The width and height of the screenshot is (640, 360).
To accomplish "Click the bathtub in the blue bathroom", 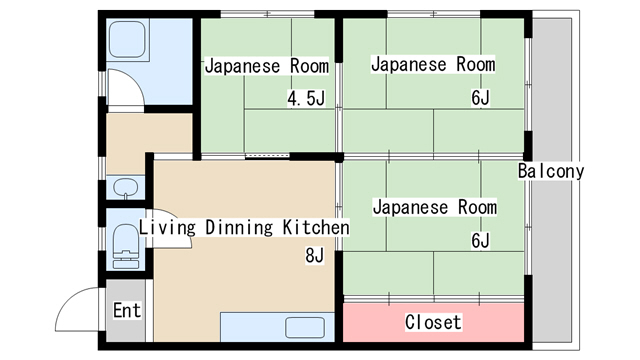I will click(128, 42).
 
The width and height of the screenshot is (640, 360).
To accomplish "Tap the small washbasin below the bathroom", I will click(126, 187).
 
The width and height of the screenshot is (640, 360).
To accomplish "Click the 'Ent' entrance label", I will click(126, 310).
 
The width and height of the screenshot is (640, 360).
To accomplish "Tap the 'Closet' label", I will click(433, 322).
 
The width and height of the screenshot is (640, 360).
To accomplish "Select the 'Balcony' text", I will click(551, 171).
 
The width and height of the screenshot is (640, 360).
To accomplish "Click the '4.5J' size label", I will click(306, 99).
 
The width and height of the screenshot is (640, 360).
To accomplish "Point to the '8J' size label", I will click(315, 255).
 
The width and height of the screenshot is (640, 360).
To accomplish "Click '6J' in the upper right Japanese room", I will click(481, 97).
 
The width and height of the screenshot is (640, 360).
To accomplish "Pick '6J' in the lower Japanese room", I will click(481, 240).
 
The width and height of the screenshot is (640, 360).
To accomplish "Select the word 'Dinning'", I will click(239, 227).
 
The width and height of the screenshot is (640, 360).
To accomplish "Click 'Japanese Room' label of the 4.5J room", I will click(267, 67).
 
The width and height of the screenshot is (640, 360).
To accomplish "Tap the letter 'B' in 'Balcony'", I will click(524, 171).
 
